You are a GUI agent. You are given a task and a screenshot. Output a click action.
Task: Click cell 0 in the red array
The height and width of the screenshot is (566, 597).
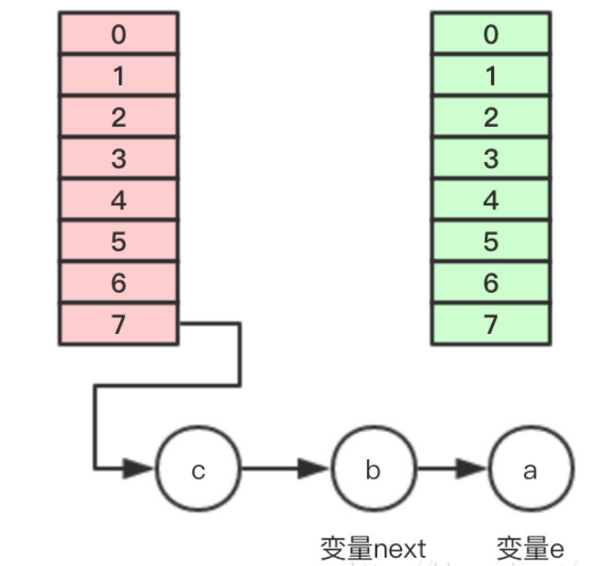coord(119,35)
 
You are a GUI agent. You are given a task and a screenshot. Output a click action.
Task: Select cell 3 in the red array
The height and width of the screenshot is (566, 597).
coord(119,158)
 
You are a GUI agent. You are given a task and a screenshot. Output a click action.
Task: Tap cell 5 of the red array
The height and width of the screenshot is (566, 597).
coord(119,241)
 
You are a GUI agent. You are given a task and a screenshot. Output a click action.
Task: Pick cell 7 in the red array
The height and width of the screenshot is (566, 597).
coord(119,324)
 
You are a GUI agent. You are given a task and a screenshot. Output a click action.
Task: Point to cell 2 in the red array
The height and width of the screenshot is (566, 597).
coord(119,117)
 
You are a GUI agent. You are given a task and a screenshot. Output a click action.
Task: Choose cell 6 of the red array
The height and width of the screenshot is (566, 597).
coord(119,283)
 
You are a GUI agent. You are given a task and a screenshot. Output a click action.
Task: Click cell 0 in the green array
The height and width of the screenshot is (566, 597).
coord(490,35)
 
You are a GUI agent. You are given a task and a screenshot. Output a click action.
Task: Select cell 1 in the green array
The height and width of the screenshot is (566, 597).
coord(490,75)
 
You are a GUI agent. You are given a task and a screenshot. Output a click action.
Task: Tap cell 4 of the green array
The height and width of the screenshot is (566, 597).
coord(490,200)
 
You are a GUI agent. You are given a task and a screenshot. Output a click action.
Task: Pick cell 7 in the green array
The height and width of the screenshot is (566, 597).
coord(490,324)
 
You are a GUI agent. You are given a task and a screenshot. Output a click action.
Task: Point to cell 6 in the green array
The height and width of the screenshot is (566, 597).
coord(490,283)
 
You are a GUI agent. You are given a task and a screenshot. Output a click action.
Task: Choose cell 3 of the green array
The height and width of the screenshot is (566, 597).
coord(490,158)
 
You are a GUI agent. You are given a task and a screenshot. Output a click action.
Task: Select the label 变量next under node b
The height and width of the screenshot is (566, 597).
coord(373,549)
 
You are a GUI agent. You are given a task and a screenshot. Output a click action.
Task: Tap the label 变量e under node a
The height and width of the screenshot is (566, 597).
coord(529,549)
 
